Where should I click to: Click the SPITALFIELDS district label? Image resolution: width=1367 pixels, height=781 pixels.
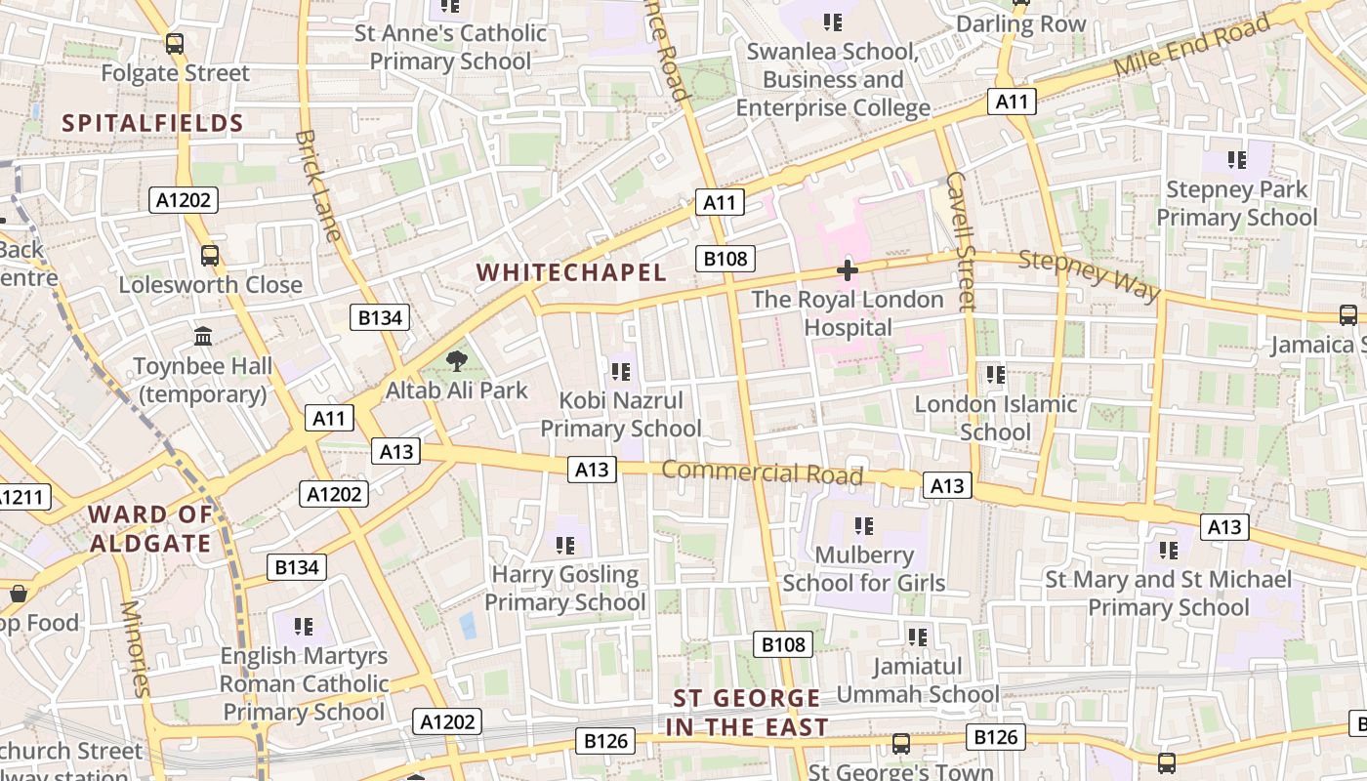(152, 123)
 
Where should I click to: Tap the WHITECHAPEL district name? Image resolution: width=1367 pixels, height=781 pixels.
(571, 273)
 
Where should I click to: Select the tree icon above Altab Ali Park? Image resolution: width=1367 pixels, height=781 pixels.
(456, 362)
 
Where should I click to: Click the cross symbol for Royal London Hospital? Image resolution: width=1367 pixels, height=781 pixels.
(847, 270)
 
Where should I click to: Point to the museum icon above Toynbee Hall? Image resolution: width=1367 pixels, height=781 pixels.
(203, 337)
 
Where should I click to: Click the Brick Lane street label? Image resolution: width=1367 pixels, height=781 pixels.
(318, 185)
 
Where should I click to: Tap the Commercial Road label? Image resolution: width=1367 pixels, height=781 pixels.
(762, 473)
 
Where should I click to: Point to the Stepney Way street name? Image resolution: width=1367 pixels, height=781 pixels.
(1089, 275)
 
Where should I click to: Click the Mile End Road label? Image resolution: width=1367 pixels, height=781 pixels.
(1194, 49)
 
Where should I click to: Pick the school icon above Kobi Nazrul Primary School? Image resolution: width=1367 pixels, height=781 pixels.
(620, 372)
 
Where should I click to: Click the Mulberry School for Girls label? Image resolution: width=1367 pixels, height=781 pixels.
(864, 569)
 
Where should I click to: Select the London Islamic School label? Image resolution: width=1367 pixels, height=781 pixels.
(995, 418)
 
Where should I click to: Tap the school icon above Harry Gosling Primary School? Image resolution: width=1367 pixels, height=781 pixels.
(565, 546)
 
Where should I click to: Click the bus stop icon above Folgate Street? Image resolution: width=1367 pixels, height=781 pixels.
(175, 44)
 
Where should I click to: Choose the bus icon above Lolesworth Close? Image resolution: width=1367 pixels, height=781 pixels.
(209, 256)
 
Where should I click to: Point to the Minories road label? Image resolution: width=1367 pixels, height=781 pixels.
(136, 648)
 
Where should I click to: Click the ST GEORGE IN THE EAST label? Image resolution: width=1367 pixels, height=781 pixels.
(747, 713)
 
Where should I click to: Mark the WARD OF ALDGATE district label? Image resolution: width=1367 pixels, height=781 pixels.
(150, 529)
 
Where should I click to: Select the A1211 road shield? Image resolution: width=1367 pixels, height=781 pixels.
(20, 497)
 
